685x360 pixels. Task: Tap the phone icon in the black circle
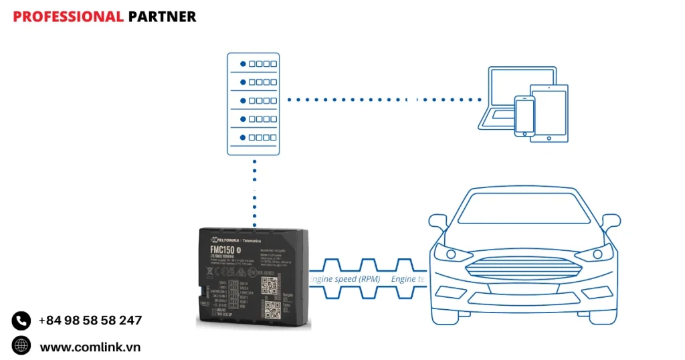21,321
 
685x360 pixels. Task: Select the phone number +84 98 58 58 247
90,321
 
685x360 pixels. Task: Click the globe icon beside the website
21,346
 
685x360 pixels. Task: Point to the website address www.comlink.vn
90,347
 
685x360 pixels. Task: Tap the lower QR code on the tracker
272,308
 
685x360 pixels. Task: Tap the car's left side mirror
437,221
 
